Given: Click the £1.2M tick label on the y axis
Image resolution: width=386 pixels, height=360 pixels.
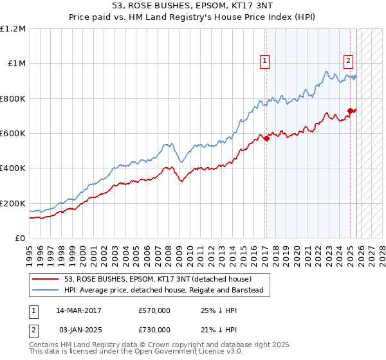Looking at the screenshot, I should click(x=13, y=29).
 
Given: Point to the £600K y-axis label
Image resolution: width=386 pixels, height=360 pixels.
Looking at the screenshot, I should click(x=13, y=134).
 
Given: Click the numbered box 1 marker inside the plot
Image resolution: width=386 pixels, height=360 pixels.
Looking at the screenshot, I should click(x=264, y=61).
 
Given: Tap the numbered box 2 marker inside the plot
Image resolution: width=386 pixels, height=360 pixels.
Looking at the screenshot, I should click(x=348, y=61).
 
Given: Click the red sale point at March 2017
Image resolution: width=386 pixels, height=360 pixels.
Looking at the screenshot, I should click(x=266, y=139).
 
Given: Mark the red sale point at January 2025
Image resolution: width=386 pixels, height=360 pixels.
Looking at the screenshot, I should click(x=350, y=111).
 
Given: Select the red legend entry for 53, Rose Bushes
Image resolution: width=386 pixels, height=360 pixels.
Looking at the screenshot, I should click(x=161, y=279).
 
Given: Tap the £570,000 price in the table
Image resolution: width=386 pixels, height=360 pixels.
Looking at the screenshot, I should click(x=154, y=311).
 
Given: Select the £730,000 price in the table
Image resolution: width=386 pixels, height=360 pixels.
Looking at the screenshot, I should click(x=154, y=330).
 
